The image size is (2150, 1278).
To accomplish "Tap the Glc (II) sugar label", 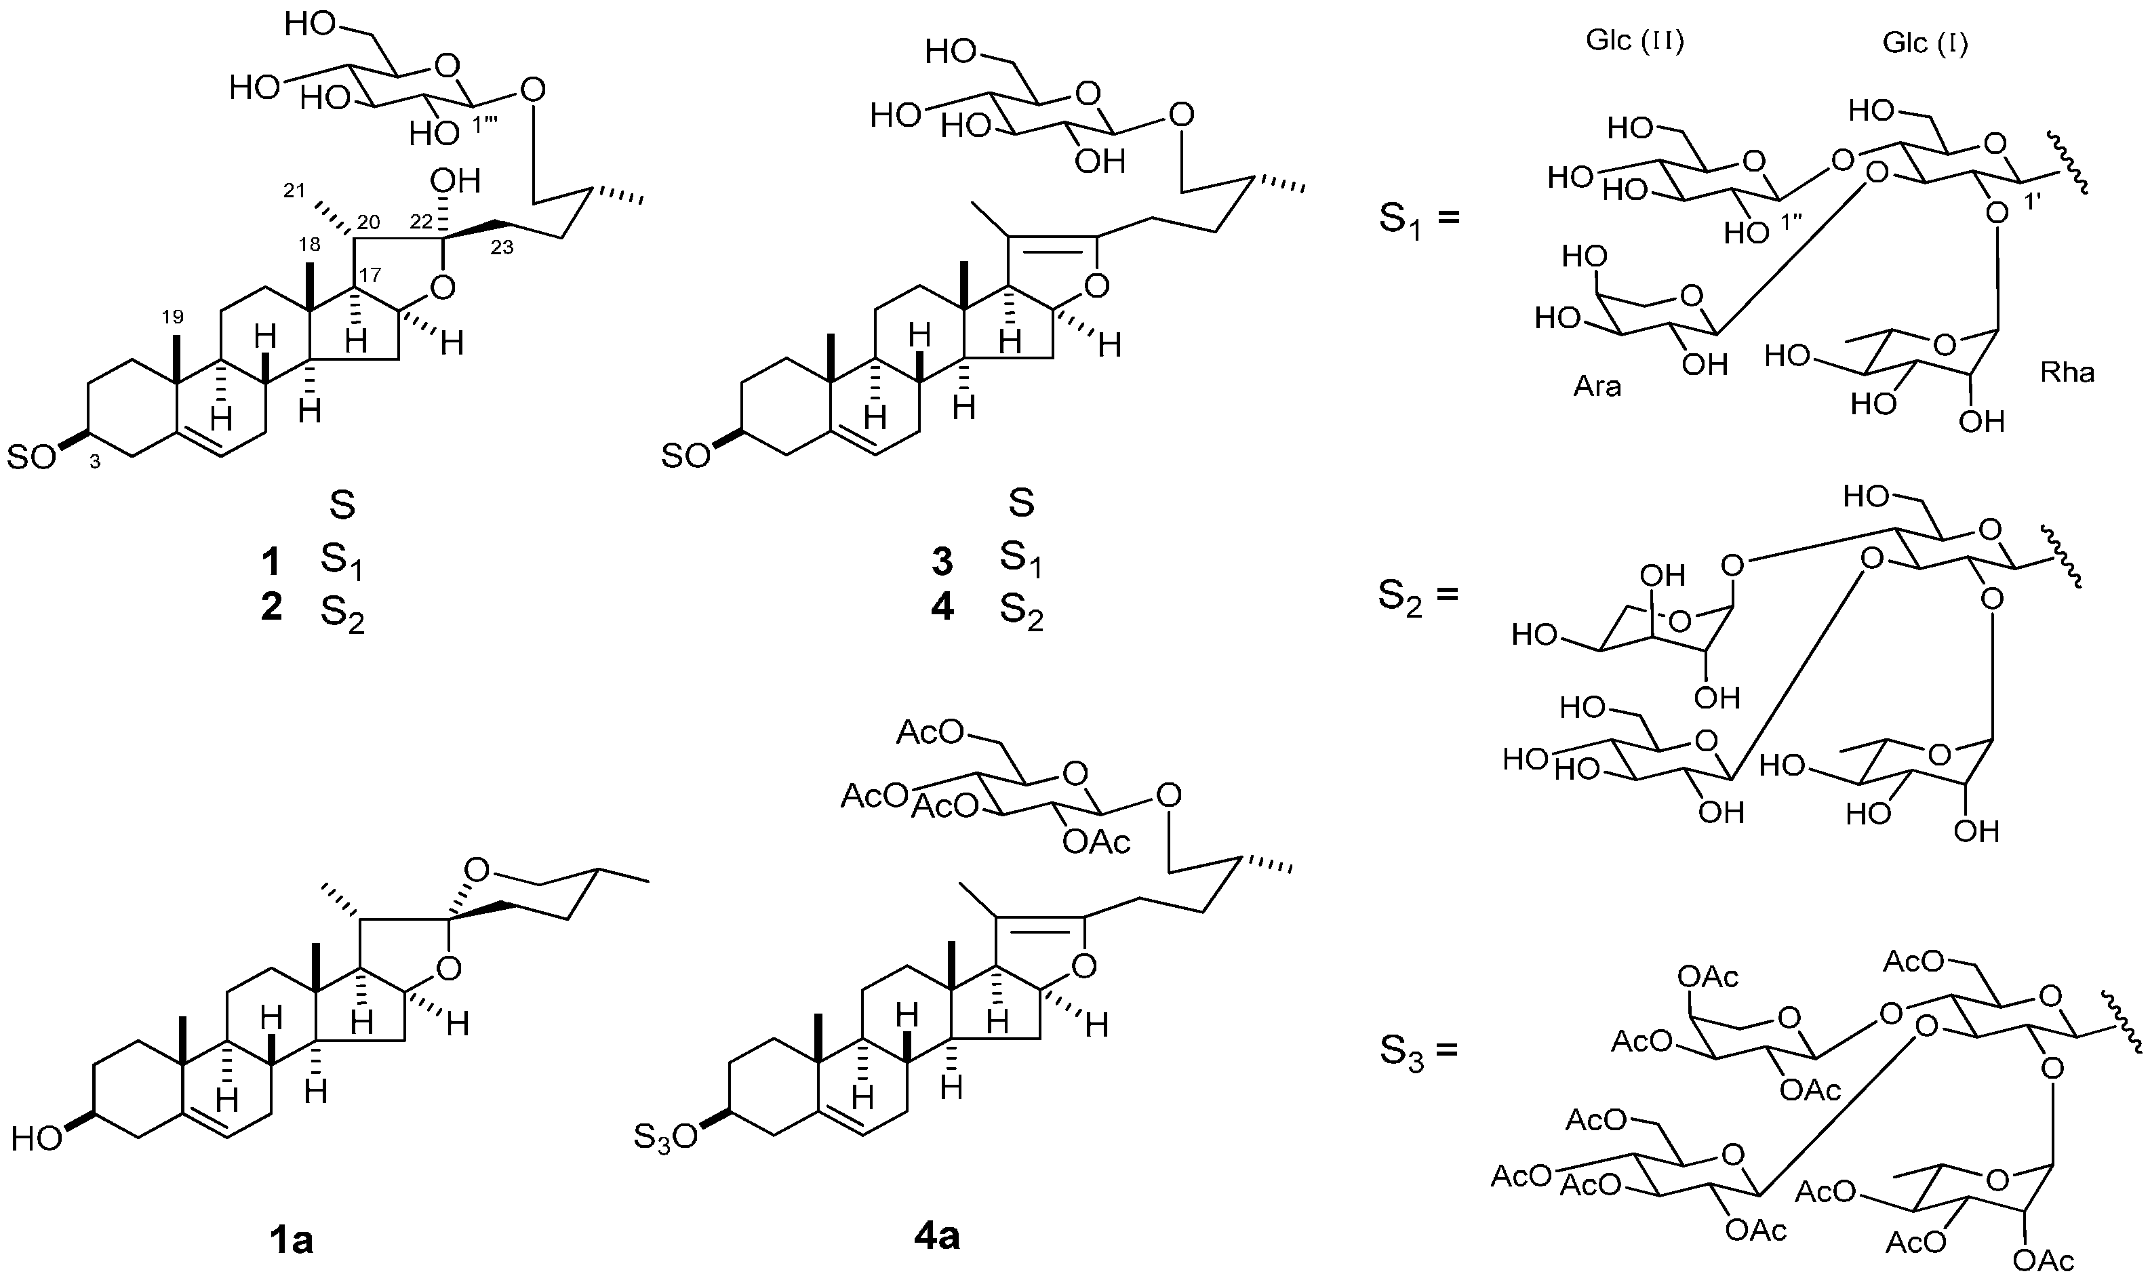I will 1634,42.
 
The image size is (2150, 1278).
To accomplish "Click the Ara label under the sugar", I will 1597,386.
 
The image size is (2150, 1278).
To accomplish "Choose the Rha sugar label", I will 2067,373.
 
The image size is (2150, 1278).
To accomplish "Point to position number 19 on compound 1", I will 173,316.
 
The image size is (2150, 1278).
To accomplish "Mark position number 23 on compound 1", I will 502,248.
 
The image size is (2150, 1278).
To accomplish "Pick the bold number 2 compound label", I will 271,608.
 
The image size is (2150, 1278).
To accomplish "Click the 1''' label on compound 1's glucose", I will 488,125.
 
